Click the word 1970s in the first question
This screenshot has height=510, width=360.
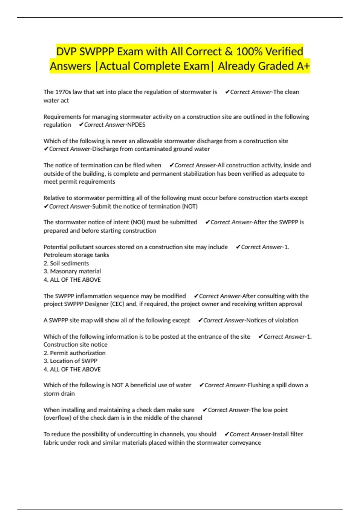coord(63,92)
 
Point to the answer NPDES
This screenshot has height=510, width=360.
coord(136,125)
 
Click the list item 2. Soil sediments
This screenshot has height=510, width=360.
coord(66,263)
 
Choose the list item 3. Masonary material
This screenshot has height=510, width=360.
coord(72,271)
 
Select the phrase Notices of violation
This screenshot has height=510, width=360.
coord(272,320)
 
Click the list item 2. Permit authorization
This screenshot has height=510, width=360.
coord(75,353)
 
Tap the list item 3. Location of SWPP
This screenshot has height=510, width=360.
coord(70,361)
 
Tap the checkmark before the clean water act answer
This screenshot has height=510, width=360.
coord(227,92)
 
